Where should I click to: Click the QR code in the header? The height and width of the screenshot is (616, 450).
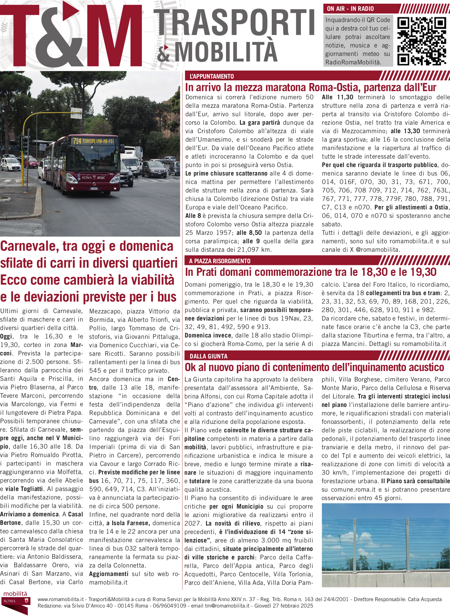click(x=422, y=41)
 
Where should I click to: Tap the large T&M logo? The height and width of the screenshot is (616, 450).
click(x=71, y=36)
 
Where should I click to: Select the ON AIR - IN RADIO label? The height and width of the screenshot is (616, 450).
click(x=350, y=9)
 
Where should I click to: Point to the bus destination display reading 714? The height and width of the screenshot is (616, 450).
click(x=94, y=141)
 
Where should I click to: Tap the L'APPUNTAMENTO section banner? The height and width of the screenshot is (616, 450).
click(x=212, y=76)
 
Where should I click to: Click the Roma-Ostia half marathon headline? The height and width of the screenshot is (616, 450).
click(x=310, y=87)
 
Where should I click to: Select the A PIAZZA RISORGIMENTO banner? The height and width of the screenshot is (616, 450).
click(x=220, y=261)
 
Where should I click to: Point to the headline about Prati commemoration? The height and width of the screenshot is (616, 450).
click(x=310, y=272)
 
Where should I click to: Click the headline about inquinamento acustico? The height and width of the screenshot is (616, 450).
click(x=314, y=367)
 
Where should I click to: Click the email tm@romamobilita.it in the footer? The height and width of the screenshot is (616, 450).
click(x=227, y=606)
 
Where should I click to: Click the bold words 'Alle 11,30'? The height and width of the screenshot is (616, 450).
click(x=337, y=97)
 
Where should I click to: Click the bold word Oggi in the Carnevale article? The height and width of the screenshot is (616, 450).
click(x=6, y=336)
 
